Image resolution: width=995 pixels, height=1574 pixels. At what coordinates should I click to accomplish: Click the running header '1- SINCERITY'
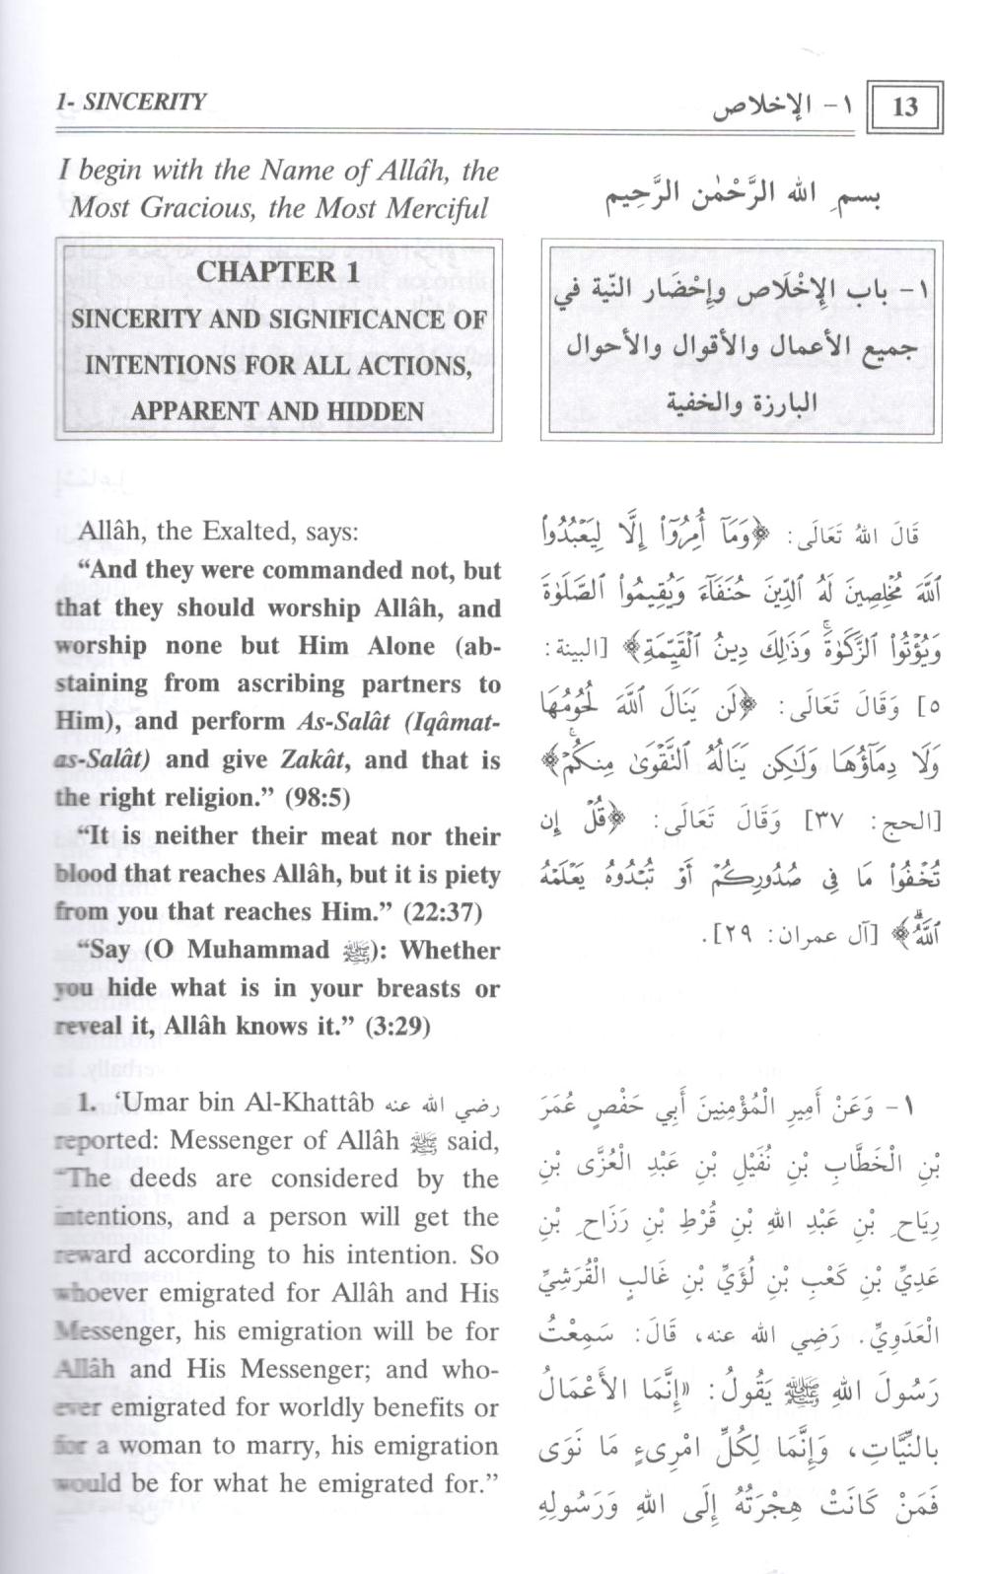click(131, 102)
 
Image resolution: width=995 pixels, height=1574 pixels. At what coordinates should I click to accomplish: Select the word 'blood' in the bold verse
click(85, 875)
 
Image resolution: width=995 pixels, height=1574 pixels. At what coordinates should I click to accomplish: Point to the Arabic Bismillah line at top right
click(745, 196)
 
